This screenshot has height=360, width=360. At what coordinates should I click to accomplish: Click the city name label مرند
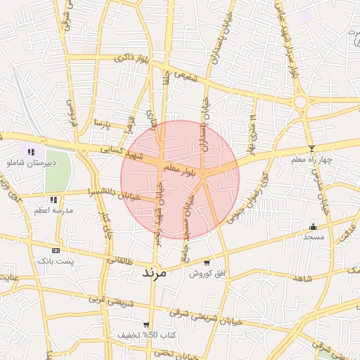[153, 271]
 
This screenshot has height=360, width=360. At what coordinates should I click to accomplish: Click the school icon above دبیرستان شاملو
[30, 152]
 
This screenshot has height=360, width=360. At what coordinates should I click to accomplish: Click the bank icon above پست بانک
[56, 250]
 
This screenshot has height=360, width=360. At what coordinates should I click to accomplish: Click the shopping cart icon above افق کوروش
[206, 262]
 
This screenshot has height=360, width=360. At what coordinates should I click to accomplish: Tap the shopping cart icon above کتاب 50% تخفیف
[146, 325]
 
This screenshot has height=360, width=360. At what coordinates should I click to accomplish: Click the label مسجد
[313, 237]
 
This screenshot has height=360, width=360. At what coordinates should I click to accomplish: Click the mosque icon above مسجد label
[313, 226]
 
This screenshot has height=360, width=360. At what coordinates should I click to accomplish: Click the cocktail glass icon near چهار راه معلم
[311, 148]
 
